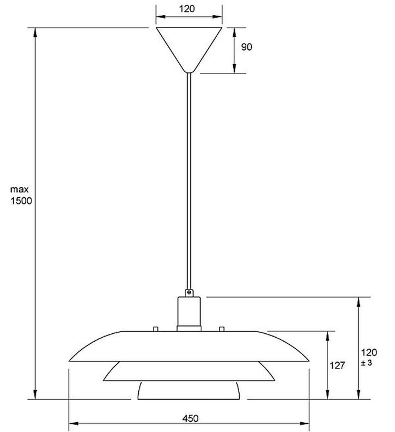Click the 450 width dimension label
pos(189,418)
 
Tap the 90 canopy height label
pos(246,47)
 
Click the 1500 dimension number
pos(21,201)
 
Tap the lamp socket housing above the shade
pos(189,312)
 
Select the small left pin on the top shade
pos(156,328)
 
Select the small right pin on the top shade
pos(222,328)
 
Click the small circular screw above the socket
pos(189,292)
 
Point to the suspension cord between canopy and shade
pos(189,181)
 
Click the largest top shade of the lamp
pos(189,345)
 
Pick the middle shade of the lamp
pos(189,372)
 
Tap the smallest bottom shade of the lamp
pos(189,390)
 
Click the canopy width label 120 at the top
pos(189,9)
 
